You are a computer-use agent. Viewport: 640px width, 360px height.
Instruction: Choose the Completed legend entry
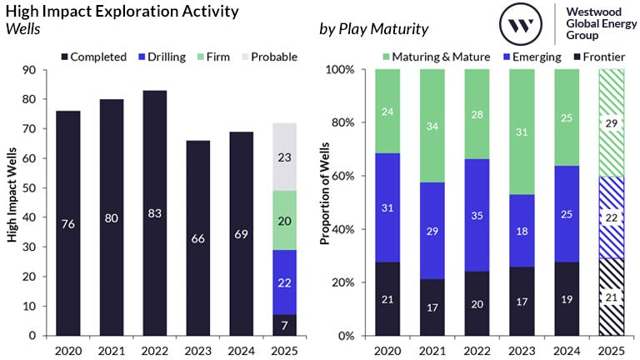click(x=92, y=57)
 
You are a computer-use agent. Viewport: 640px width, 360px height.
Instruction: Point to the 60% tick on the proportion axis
click(x=345, y=177)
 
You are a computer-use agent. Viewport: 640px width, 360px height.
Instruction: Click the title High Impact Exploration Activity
click(x=122, y=12)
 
